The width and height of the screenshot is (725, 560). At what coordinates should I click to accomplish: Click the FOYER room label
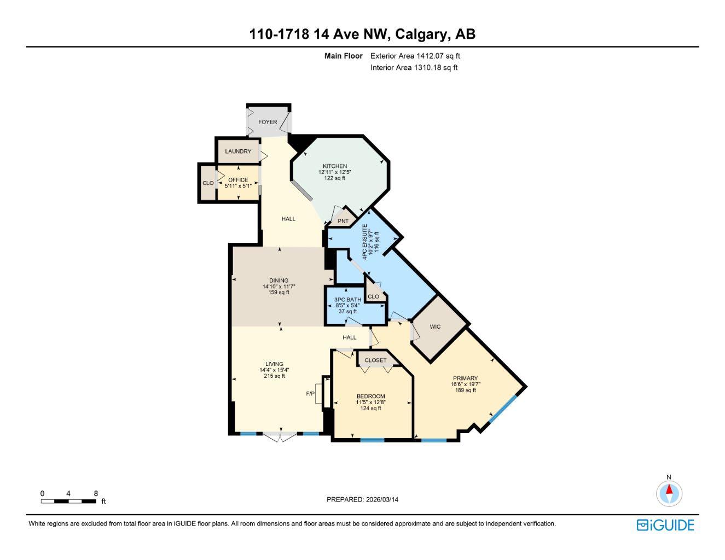click(268, 122)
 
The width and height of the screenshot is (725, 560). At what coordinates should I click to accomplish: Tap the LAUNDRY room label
click(238, 151)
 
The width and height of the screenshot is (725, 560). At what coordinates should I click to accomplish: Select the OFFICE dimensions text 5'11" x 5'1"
click(238, 186)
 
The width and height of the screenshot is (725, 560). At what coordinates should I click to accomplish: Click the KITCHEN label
click(334, 166)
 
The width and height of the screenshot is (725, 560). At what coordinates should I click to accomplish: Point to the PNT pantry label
click(343, 221)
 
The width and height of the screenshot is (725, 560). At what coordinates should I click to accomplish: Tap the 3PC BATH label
click(347, 300)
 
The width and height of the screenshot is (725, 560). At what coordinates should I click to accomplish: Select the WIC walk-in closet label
click(435, 327)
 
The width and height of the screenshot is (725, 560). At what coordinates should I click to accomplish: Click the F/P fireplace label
click(310, 394)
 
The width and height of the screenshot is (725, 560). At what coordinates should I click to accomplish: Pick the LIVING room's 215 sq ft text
click(274, 376)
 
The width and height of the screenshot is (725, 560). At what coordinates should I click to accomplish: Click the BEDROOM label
click(370, 396)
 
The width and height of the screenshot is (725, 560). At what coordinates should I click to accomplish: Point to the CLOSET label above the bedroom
click(375, 360)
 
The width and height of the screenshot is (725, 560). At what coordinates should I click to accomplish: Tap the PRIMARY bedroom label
click(465, 378)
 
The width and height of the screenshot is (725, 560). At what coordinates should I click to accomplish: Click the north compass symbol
click(669, 493)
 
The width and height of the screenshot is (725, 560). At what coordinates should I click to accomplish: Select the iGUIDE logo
click(665, 525)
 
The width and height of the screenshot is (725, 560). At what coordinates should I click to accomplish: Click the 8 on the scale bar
click(96, 493)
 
